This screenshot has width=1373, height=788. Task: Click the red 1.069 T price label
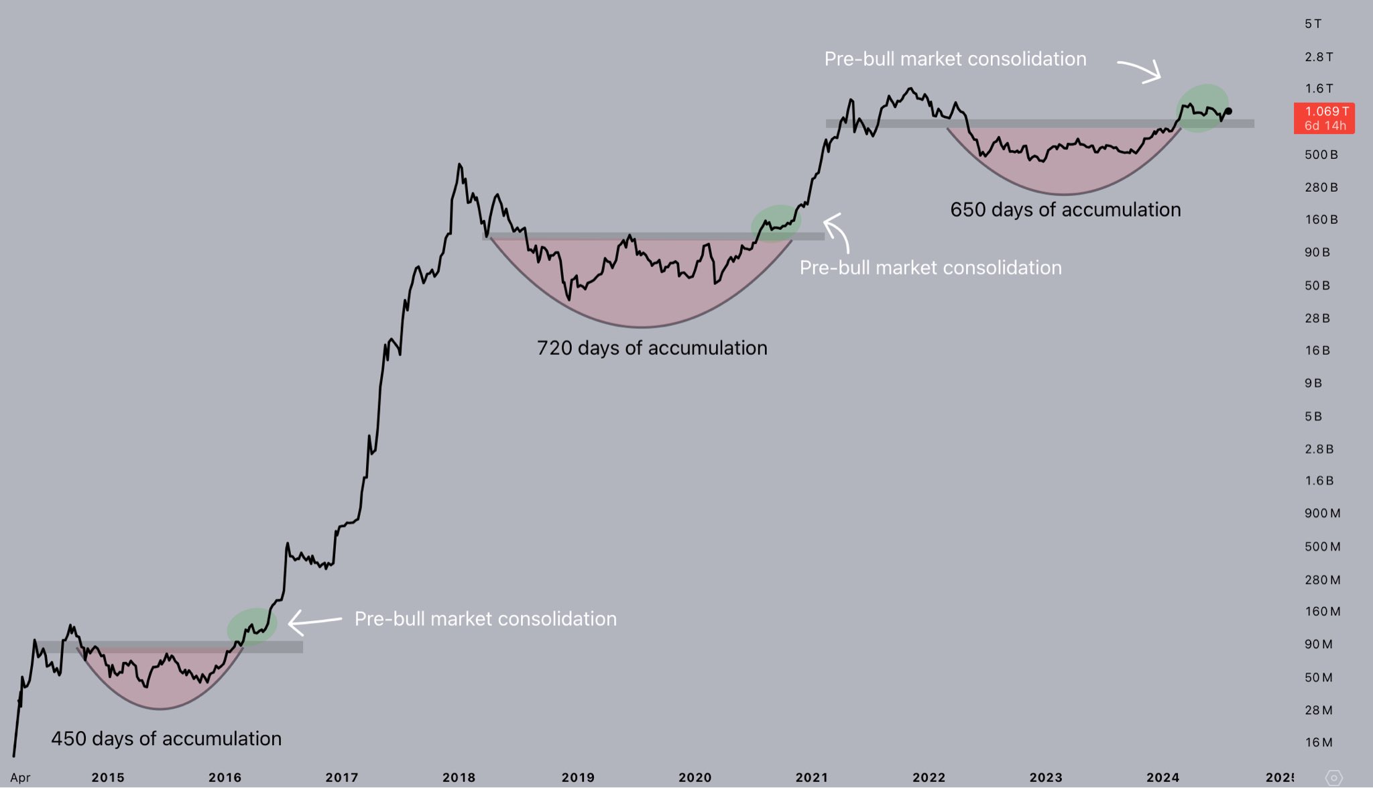click(x=1324, y=118)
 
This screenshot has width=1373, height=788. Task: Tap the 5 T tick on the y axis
click(x=1313, y=24)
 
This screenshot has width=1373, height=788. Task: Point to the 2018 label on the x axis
click(x=459, y=777)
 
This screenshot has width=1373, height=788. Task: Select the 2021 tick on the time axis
click(x=811, y=777)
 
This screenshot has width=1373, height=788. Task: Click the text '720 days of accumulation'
click(x=652, y=348)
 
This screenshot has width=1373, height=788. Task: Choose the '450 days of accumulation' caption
click(x=166, y=738)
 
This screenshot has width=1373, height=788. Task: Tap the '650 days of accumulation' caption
click(x=1065, y=210)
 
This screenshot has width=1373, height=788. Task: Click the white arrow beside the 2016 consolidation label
click(x=314, y=622)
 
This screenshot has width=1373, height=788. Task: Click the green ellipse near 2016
click(x=252, y=626)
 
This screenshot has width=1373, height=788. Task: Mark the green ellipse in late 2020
click(x=776, y=223)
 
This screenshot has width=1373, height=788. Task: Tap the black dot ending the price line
click(x=1228, y=111)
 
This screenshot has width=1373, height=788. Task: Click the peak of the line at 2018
click(x=459, y=164)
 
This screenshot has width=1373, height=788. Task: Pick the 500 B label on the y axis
click(x=1321, y=155)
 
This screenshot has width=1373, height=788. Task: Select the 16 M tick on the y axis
click(x=1318, y=742)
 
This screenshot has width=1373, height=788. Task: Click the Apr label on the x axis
click(x=20, y=778)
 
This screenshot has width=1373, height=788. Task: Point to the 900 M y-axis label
click(x=1322, y=514)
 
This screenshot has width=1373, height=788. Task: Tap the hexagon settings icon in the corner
click(x=1333, y=777)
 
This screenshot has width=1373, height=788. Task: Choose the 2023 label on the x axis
click(x=1045, y=777)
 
